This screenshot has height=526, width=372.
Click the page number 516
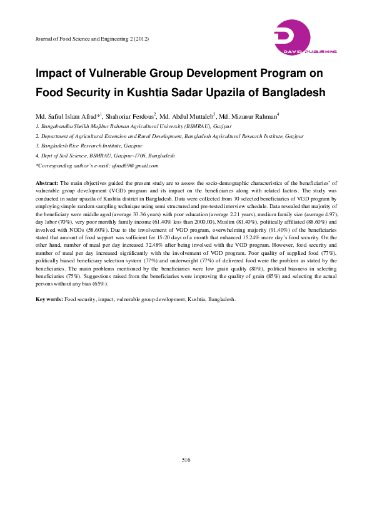(x=186, y=460)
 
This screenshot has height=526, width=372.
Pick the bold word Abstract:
(x=48, y=181)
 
